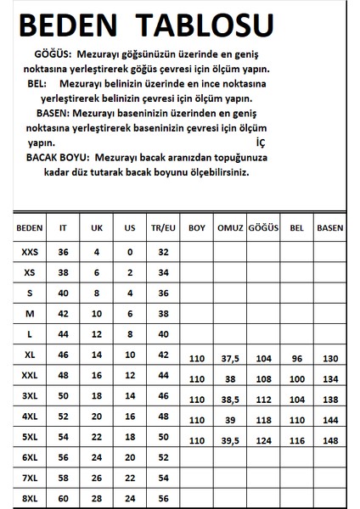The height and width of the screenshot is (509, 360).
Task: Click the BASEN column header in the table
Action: click(x=330, y=228)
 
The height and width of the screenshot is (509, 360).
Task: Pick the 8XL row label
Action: click(x=28, y=498)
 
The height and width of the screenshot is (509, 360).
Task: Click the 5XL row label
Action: click(x=28, y=437)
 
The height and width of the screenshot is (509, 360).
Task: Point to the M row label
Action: click(x=28, y=313)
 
